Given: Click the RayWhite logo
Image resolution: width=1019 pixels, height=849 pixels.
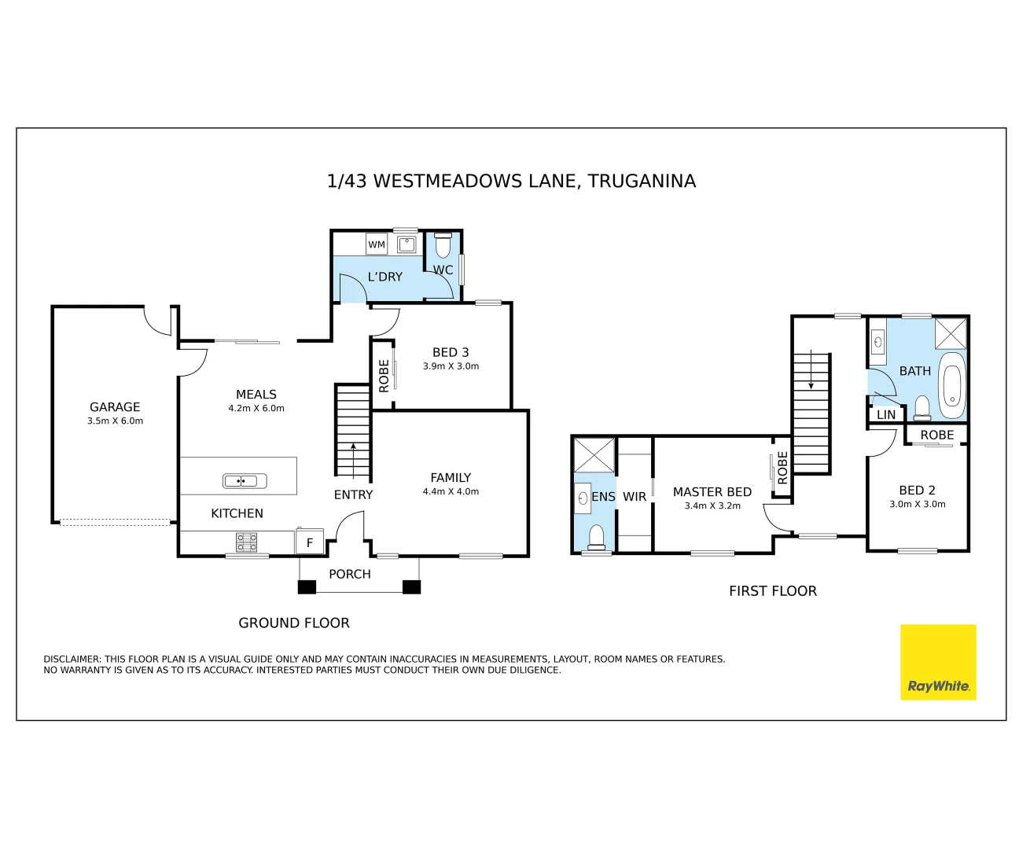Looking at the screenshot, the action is [x=938, y=662].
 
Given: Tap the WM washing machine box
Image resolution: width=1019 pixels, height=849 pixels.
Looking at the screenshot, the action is [x=377, y=244].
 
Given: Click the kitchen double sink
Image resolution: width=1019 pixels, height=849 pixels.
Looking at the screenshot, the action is [x=245, y=481].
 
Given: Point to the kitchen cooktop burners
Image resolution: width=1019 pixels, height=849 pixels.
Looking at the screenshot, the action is [x=246, y=542].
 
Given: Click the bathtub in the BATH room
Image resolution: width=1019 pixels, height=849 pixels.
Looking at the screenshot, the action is [x=951, y=385].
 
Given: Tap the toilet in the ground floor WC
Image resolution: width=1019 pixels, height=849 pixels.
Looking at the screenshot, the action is [x=443, y=245].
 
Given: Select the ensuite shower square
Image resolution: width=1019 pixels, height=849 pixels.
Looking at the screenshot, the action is [x=594, y=455].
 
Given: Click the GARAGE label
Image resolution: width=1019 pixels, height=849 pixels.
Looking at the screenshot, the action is [x=115, y=407].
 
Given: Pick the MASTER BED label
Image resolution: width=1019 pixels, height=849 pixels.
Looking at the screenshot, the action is [x=712, y=492].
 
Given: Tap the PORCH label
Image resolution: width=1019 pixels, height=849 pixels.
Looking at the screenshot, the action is [x=350, y=574].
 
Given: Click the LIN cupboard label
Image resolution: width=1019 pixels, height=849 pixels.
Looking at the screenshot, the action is [x=886, y=415].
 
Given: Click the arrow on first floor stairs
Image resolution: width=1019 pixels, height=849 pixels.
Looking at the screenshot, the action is [x=811, y=369].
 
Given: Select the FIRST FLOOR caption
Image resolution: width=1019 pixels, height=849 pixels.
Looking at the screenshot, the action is [x=773, y=591].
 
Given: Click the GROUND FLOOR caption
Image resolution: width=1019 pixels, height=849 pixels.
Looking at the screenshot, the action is [x=294, y=623].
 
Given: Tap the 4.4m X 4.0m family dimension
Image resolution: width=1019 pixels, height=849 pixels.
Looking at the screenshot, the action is [x=451, y=491].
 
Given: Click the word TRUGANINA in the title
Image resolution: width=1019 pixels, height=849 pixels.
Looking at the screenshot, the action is [x=642, y=181].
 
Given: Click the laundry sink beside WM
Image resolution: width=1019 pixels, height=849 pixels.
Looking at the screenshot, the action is [x=406, y=244].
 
